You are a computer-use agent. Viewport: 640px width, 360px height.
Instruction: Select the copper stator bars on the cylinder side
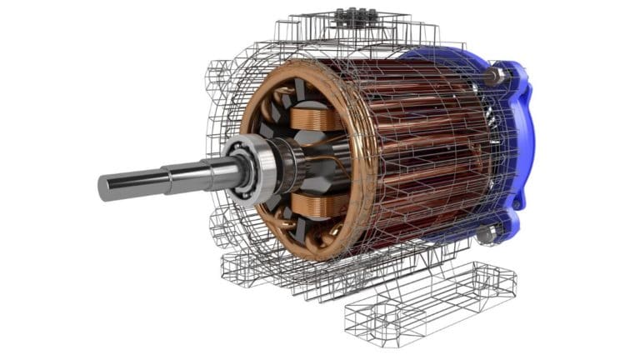click(x=417, y=150)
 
